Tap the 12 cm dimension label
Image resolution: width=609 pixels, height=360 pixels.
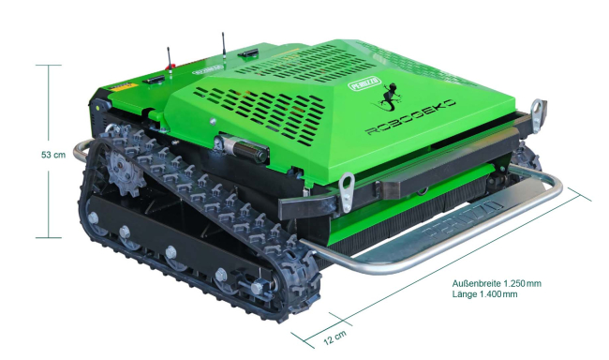click(334, 336)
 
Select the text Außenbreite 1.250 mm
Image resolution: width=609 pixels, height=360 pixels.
click(497, 282)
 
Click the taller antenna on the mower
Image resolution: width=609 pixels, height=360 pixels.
click(223, 43)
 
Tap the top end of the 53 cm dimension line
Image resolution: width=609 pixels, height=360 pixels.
click(49, 65)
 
